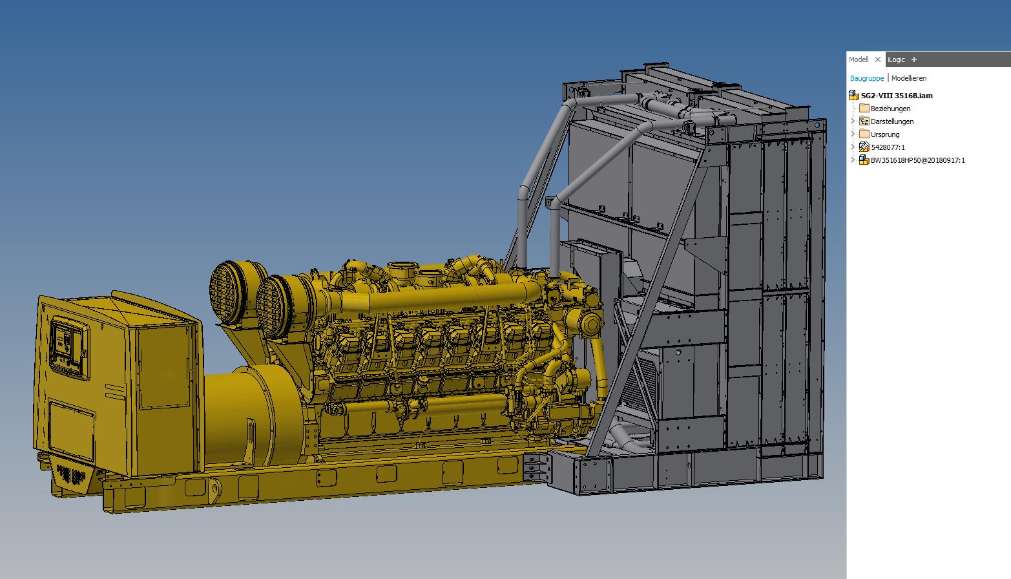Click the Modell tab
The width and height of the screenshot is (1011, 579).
(858, 59)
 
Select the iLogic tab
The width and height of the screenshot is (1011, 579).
(896, 59)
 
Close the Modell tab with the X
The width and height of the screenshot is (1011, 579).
(878, 59)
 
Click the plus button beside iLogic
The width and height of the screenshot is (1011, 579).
(914, 59)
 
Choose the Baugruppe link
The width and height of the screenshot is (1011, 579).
(866, 78)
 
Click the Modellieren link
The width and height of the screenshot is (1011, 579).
(909, 78)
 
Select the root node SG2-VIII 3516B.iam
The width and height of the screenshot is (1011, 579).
(897, 96)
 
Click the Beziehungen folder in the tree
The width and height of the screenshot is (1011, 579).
(890, 109)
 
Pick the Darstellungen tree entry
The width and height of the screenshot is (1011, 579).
(892, 121)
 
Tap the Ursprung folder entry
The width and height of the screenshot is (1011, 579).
(884, 134)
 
